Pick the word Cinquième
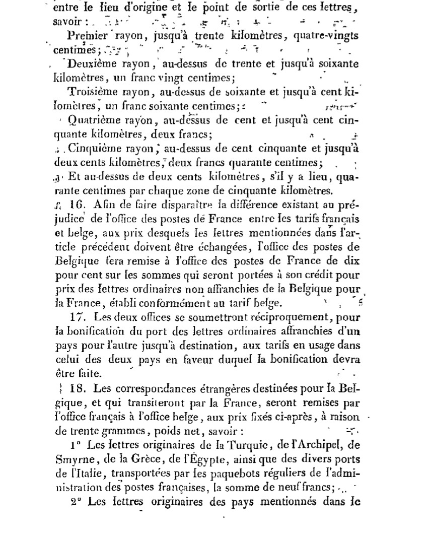click(92, 149)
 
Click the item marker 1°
click(76, 445)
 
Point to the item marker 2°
click(76, 501)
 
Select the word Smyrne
click(70, 459)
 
